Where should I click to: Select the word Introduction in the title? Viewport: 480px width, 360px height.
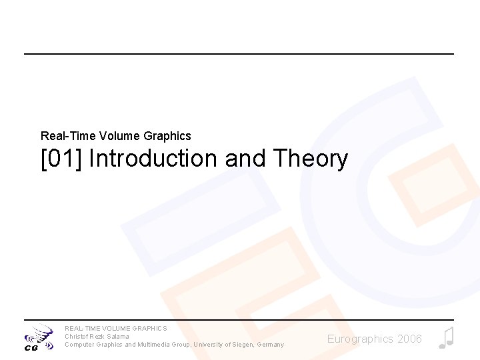click(x=153, y=159)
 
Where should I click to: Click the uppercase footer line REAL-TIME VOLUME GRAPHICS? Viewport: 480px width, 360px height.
click(x=116, y=329)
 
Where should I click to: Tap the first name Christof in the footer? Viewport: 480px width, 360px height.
click(x=77, y=337)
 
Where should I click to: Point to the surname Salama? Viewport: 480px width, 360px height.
click(x=118, y=337)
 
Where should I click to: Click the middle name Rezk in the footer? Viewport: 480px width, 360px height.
click(x=98, y=337)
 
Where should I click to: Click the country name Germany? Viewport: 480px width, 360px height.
click(x=270, y=345)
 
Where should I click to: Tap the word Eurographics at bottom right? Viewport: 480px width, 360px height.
click(x=360, y=339)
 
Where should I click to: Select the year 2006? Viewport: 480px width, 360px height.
click(x=409, y=339)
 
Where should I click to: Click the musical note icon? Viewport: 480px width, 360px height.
click(x=446, y=338)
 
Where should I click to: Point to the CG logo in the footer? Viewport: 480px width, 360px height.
click(x=39, y=338)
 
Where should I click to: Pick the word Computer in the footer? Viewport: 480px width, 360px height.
click(x=79, y=345)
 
